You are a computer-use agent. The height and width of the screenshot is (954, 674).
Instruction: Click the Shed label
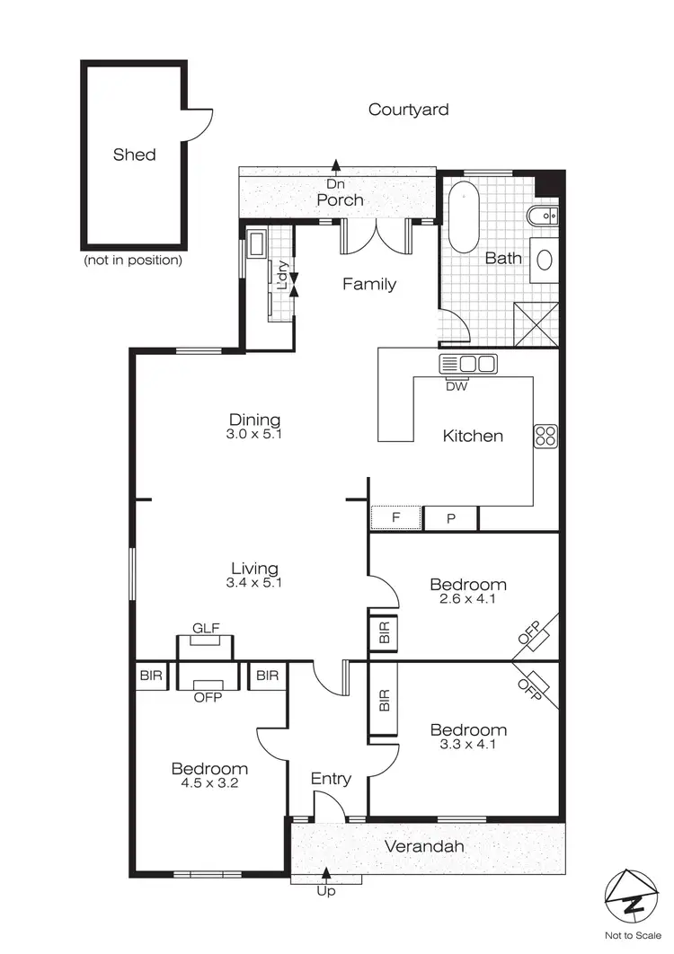pos(134,155)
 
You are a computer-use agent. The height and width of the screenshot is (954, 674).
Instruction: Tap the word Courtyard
pos(408,110)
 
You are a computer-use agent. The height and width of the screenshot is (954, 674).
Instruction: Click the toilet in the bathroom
pos(545,216)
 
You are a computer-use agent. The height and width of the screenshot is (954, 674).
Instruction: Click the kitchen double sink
pos(467,364)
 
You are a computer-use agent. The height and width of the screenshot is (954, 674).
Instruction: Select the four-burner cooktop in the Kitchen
pos(545,436)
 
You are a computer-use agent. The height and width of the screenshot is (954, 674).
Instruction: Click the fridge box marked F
pos(395,518)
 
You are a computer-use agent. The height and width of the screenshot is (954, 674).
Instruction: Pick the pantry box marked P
pos(450,518)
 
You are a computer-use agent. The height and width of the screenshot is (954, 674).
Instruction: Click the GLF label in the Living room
pos(206,629)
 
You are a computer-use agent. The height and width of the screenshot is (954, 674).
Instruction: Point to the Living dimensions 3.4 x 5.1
pos(254,583)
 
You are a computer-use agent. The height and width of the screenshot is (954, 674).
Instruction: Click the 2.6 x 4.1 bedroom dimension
pos(467,599)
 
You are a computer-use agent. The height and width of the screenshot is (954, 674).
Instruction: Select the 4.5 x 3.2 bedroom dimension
pos(209,783)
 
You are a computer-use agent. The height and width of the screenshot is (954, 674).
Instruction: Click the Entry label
pos(331,779)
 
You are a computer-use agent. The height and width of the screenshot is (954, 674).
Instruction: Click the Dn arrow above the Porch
pos(336,164)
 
